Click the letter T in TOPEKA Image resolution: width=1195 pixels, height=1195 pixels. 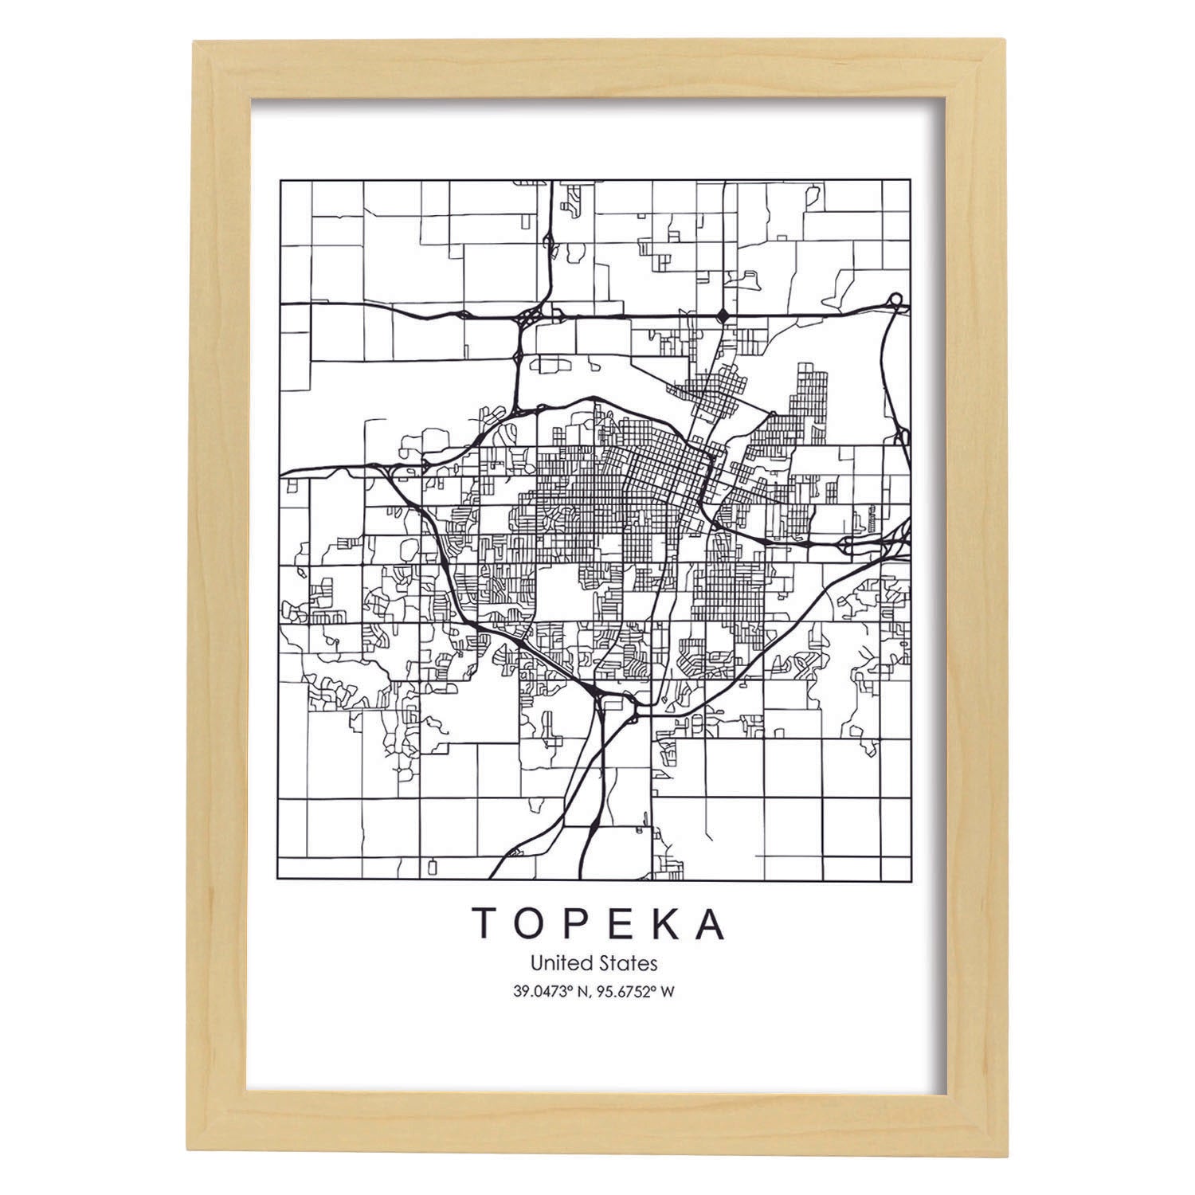pyautogui.click(x=487, y=923)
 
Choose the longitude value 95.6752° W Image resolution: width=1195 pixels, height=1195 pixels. pyautogui.click(x=638, y=992)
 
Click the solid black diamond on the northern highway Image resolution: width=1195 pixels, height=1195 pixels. pyautogui.click(x=723, y=315)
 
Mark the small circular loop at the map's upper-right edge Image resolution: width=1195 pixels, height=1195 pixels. pyautogui.click(x=895, y=300)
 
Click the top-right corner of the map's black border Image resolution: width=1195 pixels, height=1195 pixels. pyautogui.click(x=911, y=180)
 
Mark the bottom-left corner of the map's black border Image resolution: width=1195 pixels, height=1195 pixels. pyautogui.click(x=280, y=879)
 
